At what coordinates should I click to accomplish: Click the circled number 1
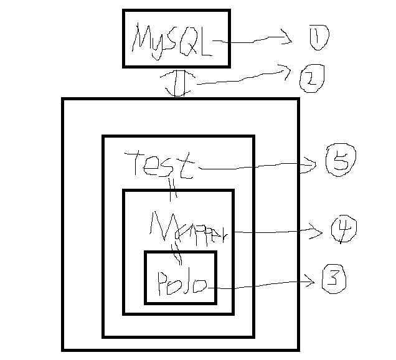pyautogui.click(x=318, y=39)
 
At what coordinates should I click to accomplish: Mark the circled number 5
pyautogui.click(x=339, y=163)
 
